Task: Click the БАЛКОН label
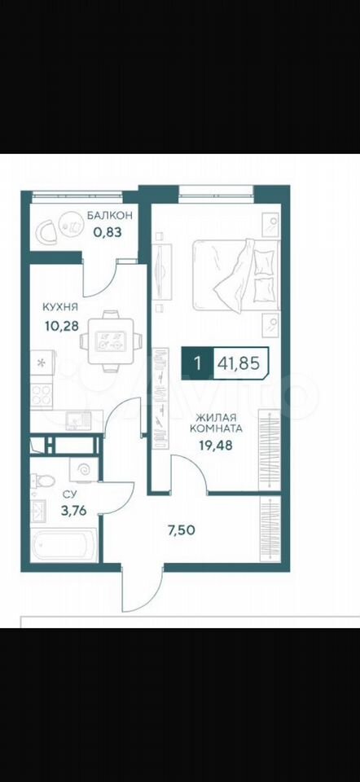click(109, 216)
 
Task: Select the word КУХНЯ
click(60, 306)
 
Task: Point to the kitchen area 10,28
click(61, 326)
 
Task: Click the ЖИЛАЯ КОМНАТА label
click(219, 423)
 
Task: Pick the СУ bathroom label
click(68, 494)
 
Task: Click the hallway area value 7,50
click(181, 529)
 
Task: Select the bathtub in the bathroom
click(63, 546)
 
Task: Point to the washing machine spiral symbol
click(82, 470)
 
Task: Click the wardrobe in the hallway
click(270, 529)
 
